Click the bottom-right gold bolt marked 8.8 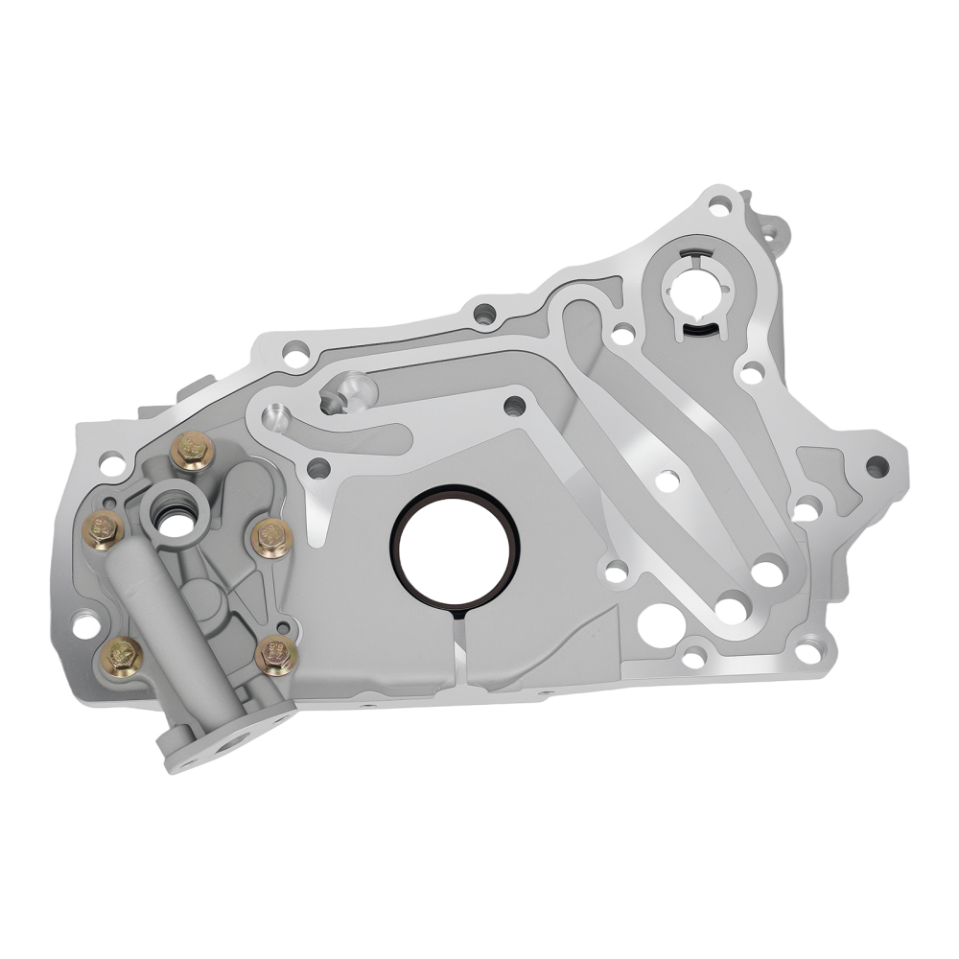pos(277,655)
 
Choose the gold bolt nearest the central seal pos(271,538)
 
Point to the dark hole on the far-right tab pos(876,467)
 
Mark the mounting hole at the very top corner pos(722,204)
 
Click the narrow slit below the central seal pos(456,638)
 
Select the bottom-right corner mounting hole pos(809,652)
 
